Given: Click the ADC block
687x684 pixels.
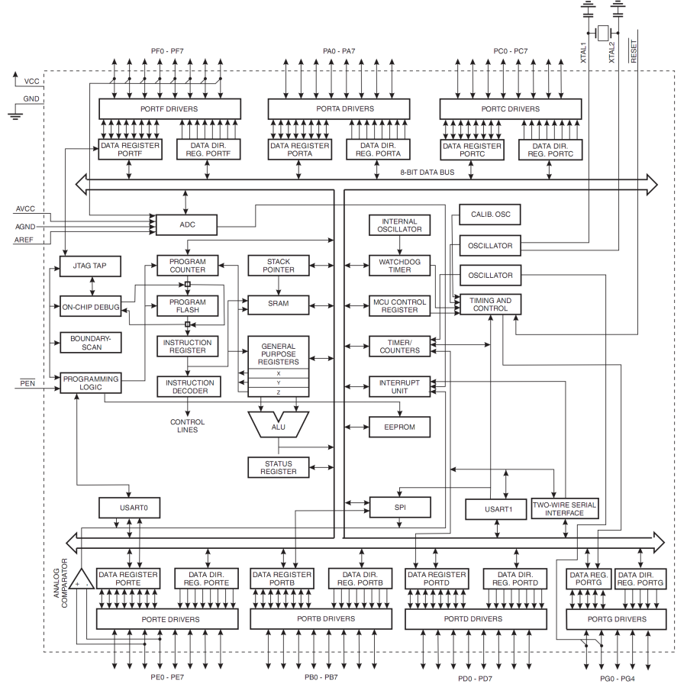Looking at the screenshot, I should [186, 224].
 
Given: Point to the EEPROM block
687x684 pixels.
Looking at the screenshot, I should [399, 426].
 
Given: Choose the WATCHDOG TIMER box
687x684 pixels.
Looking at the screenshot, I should [399, 266].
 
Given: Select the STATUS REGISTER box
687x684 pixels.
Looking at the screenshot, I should [278, 468].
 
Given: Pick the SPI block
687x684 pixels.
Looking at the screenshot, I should [399, 507].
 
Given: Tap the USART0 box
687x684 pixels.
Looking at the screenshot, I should [128, 507].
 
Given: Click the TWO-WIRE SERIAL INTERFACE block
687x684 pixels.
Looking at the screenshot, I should [564, 509].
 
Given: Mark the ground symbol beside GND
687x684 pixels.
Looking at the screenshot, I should [15, 115].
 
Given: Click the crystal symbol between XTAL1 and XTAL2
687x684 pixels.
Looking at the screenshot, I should [603, 33].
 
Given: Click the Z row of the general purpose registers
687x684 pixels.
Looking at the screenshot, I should [278, 392].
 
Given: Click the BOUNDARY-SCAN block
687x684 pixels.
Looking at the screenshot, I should [91, 342].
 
